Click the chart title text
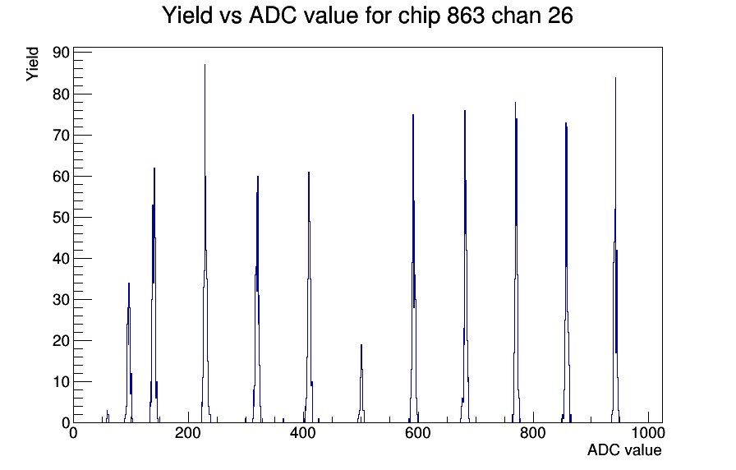[x=367, y=15]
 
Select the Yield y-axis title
[x=32, y=64]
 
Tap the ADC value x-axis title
[x=624, y=449]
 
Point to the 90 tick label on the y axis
[x=61, y=53]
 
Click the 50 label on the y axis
[x=61, y=218]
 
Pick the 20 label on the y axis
[x=61, y=341]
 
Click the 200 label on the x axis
[x=188, y=432]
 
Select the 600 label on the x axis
[x=417, y=432]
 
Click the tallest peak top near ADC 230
[x=205, y=65]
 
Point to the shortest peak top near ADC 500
[x=361, y=344]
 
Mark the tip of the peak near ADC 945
[x=615, y=77]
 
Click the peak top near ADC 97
[x=129, y=283]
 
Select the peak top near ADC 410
[x=308, y=173]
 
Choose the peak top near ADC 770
[x=515, y=103]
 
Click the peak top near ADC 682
[x=465, y=111]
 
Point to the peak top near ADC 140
[x=154, y=168]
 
